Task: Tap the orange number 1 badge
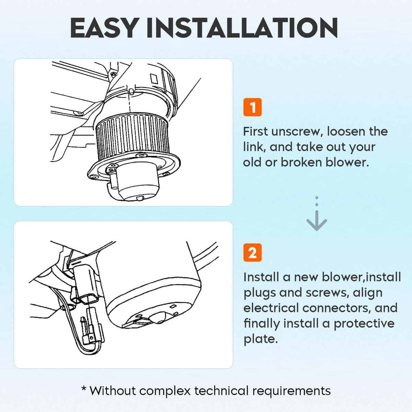252,107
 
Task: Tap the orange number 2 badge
252,252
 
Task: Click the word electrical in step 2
271,308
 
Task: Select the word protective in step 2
364,323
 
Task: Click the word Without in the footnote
113,391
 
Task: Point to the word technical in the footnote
221,391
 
